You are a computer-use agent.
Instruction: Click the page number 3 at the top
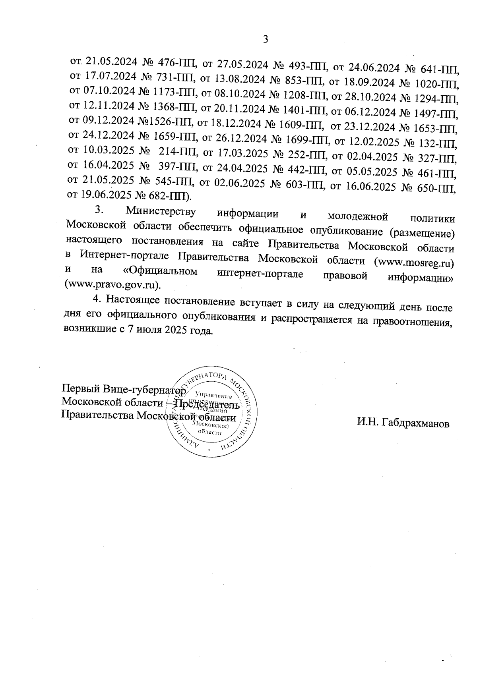(266, 39)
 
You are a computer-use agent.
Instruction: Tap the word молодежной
(357, 216)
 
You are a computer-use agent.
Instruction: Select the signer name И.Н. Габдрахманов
(403, 423)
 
